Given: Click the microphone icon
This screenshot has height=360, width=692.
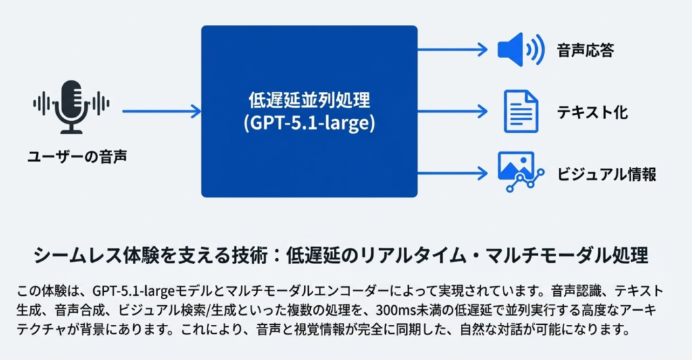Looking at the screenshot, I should pos(71,106).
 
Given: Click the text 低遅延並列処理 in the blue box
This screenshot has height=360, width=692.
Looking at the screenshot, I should pos(310,102).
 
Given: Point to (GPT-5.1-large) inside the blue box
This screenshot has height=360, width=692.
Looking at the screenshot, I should pos(310,124).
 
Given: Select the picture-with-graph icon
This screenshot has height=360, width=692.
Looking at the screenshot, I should pos(520,170).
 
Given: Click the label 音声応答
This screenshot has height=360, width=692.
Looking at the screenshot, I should pos(585,51).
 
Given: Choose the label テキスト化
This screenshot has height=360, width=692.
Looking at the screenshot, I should pos(592,111).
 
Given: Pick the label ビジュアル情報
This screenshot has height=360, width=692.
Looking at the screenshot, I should pos(606,174).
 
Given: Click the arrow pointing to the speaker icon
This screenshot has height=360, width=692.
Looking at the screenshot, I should pos(451,49).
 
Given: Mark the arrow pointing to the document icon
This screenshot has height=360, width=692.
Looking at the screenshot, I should pos(451,110).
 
